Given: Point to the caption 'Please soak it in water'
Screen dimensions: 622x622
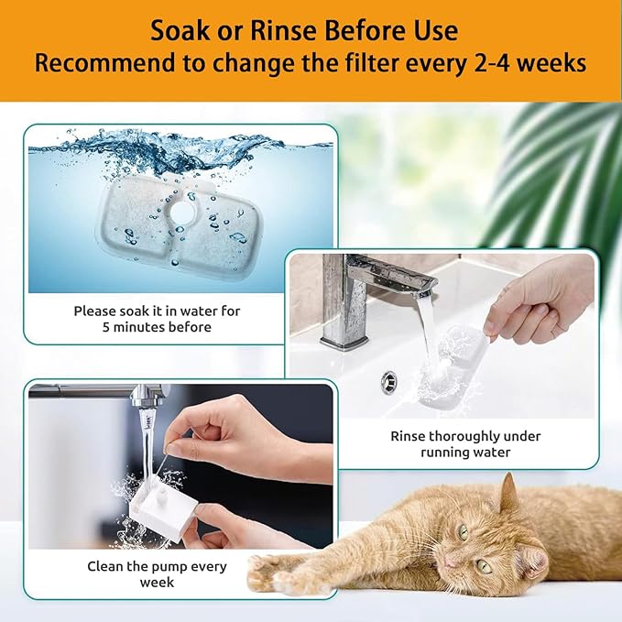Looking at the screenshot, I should point(157,311).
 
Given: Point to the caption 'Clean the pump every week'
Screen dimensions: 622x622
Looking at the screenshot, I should point(144,573).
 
